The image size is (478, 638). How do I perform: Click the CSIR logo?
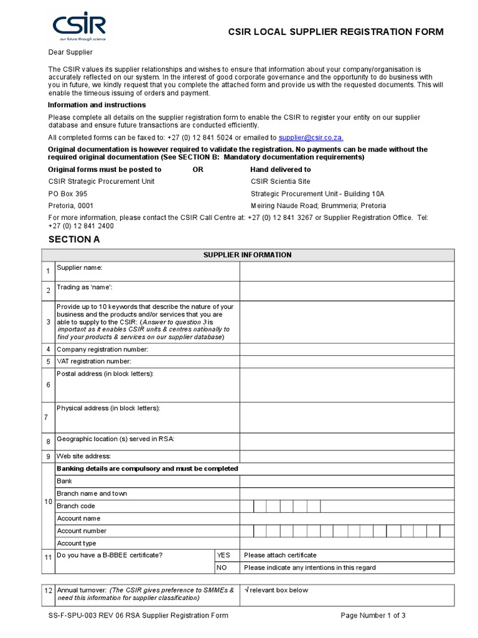78,27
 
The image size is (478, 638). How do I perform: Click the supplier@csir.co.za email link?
311,137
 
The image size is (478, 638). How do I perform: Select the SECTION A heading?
73,239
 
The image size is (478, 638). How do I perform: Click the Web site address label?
83,456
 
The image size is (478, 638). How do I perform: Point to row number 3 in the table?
48,322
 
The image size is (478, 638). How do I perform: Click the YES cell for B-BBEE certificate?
223,555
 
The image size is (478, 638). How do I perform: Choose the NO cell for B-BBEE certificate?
222,568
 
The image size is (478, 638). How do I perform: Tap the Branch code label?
76,506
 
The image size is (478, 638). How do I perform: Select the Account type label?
77,543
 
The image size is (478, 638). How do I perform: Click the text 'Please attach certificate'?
280,555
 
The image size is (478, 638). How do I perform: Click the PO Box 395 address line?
68,194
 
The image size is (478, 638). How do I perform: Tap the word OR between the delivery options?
198,169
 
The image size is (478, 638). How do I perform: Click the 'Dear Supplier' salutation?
70,52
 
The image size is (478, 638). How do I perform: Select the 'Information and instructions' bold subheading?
96,105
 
